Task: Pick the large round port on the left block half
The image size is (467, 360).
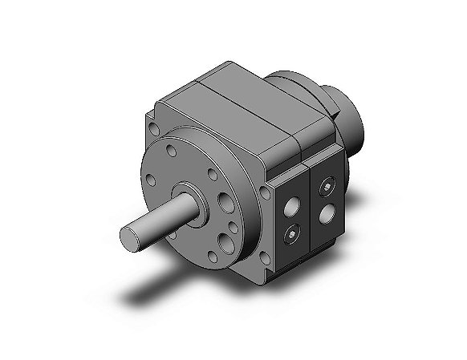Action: (288, 207)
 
